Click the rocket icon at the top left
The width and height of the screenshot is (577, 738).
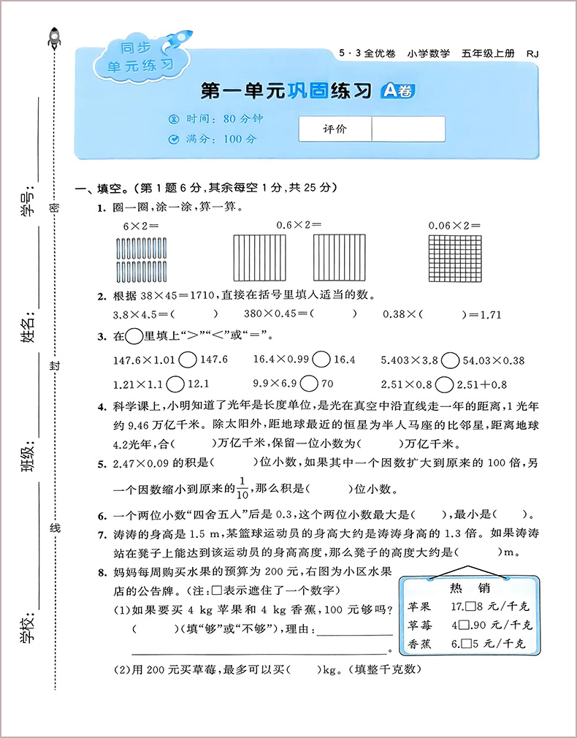(54, 37)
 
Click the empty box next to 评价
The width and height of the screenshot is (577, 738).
(408, 129)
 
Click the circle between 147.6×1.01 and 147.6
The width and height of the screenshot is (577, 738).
(187, 360)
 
